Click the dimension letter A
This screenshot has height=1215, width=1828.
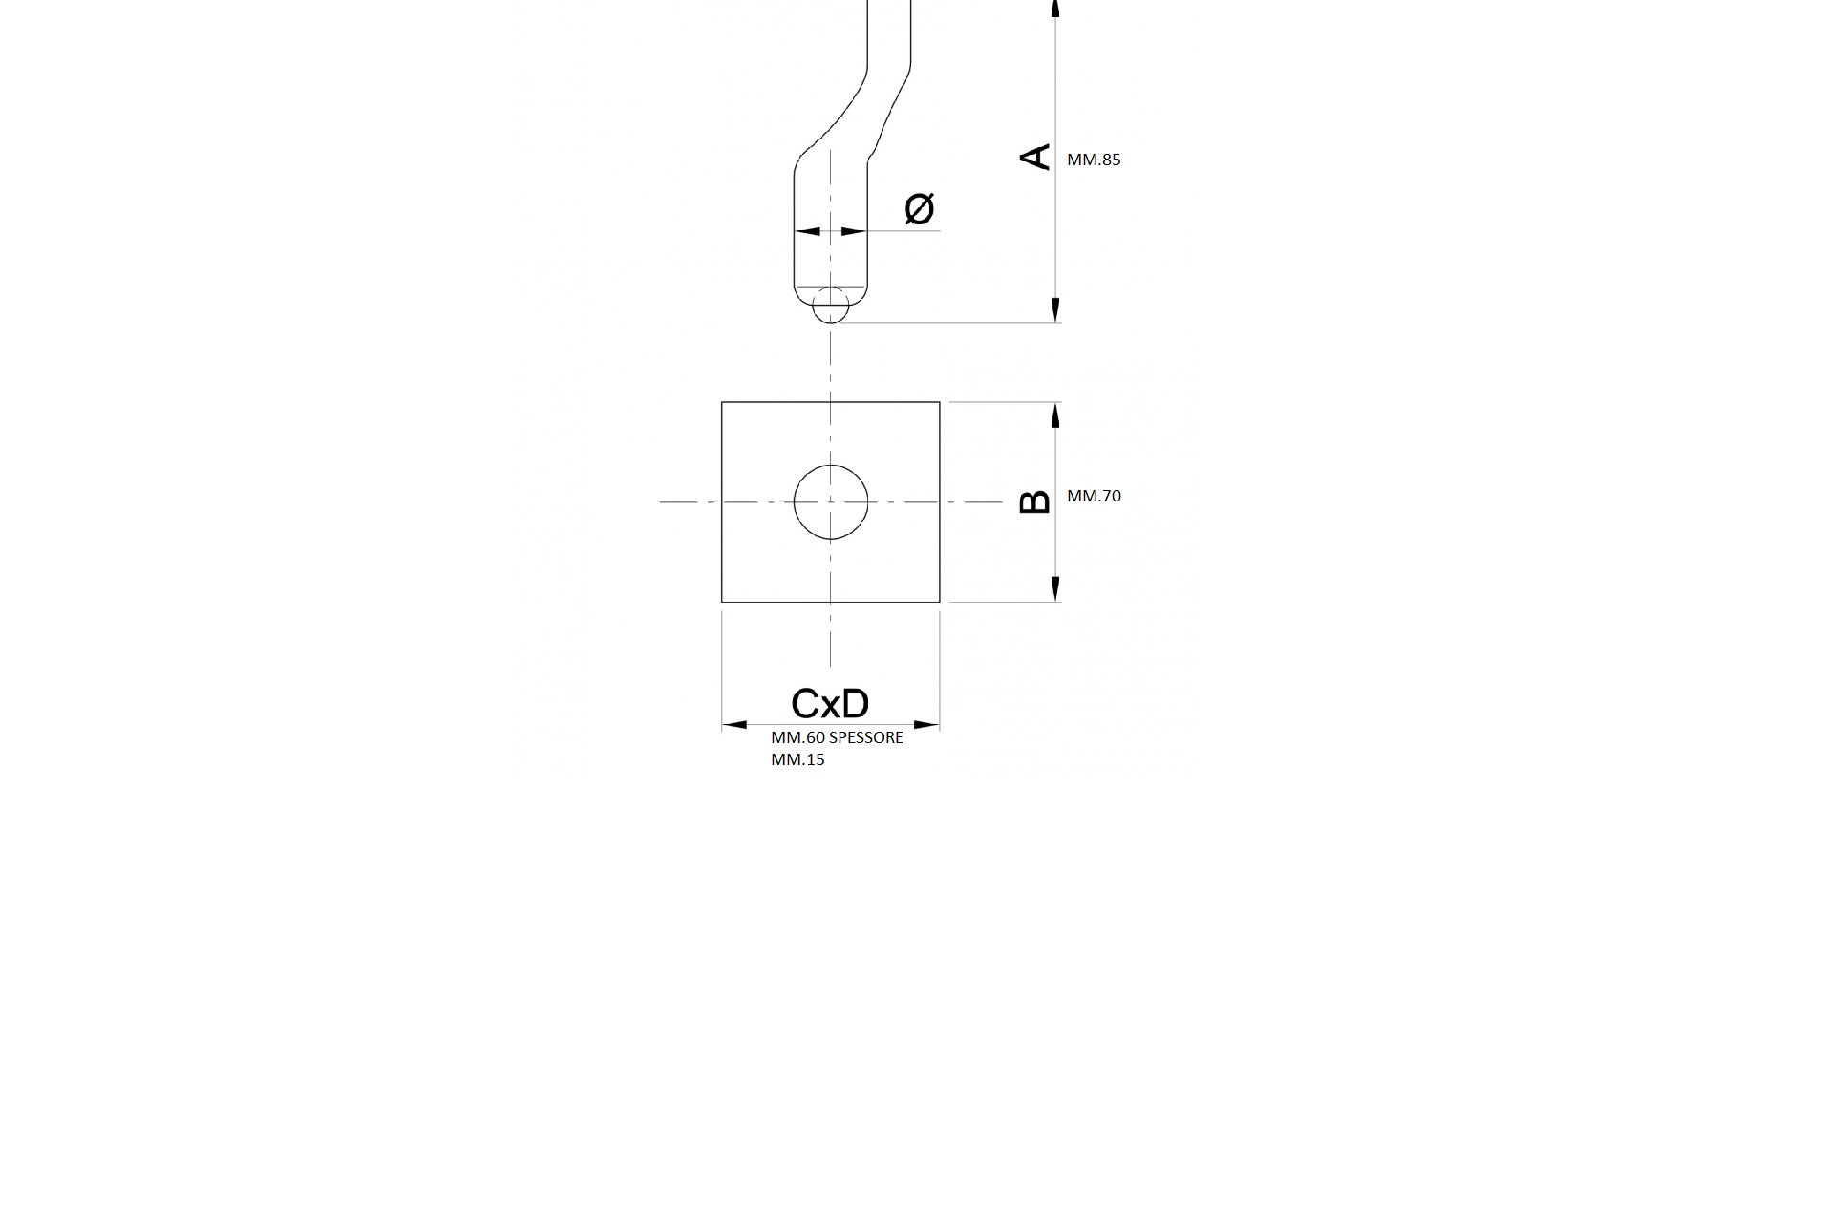click(x=1035, y=157)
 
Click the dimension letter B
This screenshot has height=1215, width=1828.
click(x=1035, y=501)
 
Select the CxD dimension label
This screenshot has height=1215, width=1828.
click(x=830, y=704)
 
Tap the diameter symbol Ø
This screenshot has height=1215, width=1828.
click(x=919, y=208)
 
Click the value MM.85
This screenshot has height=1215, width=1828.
click(x=1094, y=160)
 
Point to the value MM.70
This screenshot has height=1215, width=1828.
click(x=1094, y=496)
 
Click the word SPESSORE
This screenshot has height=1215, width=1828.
click(x=865, y=737)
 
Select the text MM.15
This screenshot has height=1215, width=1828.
click(x=797, y=759)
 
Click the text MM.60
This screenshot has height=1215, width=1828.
click(x=797, y=737)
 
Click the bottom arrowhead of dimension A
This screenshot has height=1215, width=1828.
click(x=1055, y=310)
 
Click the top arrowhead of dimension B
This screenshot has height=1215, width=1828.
click(x=1055, y=415)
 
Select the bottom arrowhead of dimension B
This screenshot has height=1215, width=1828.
click(x=1055, y=589)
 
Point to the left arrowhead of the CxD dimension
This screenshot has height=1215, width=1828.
click(x=734, y=725)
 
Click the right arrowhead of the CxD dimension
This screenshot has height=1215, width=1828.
click(x=927, y=725)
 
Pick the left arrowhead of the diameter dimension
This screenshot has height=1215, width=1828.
click(x=808, y=231)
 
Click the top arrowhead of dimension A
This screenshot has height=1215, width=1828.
click(x=1055, y=9)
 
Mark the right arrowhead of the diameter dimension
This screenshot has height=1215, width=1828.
click(x=854, y=231)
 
